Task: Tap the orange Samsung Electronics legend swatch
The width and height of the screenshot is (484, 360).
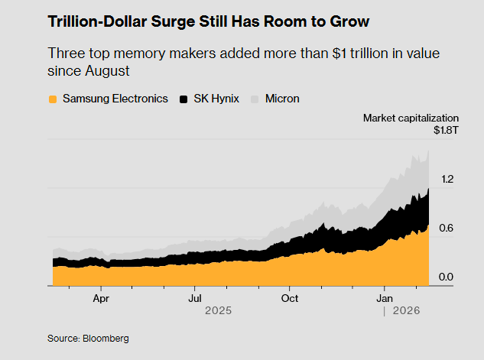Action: [53, 99]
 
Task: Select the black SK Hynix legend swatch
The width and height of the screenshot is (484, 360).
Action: [184, 99]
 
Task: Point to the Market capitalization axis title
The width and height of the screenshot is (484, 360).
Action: [411, 118]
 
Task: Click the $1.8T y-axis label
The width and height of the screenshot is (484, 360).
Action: [446, 131]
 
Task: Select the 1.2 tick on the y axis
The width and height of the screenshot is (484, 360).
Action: [447, 179]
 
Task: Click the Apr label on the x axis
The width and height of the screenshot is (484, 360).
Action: [100, 298]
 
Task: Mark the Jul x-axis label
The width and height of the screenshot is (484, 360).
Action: [195, 298]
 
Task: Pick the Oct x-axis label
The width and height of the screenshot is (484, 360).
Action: [289, 298]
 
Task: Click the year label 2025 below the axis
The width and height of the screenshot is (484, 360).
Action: [217, 311]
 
